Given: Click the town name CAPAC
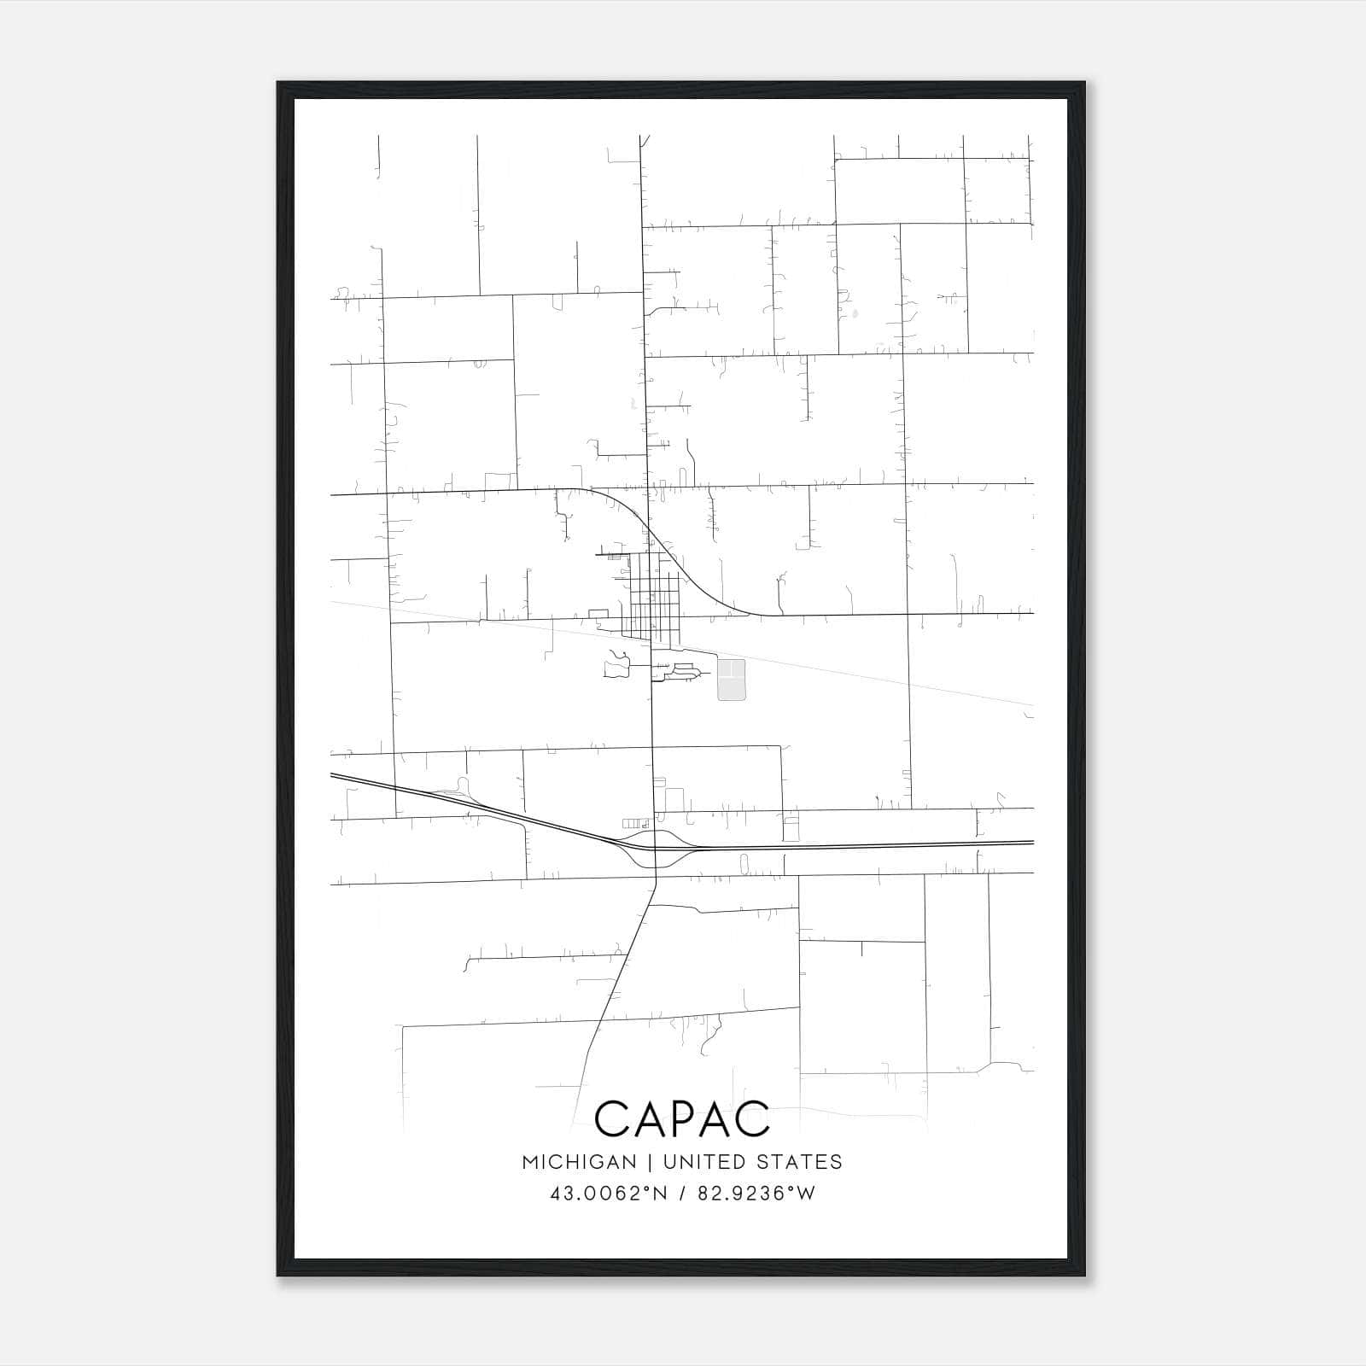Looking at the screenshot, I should point(681,1119).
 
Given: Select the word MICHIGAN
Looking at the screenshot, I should point(579,1162).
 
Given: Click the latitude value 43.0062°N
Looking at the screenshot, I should point(607,1194).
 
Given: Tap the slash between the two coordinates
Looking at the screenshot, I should point(680,1194).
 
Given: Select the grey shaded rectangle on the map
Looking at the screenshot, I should point(731,680).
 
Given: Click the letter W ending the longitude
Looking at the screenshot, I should point(805,1194).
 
